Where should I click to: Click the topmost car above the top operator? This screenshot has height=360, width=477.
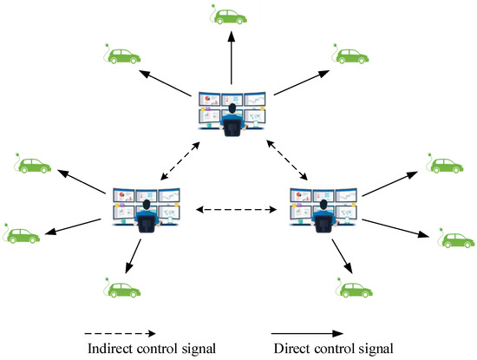point(229,16)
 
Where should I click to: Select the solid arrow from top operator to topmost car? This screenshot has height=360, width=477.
point(232,61)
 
